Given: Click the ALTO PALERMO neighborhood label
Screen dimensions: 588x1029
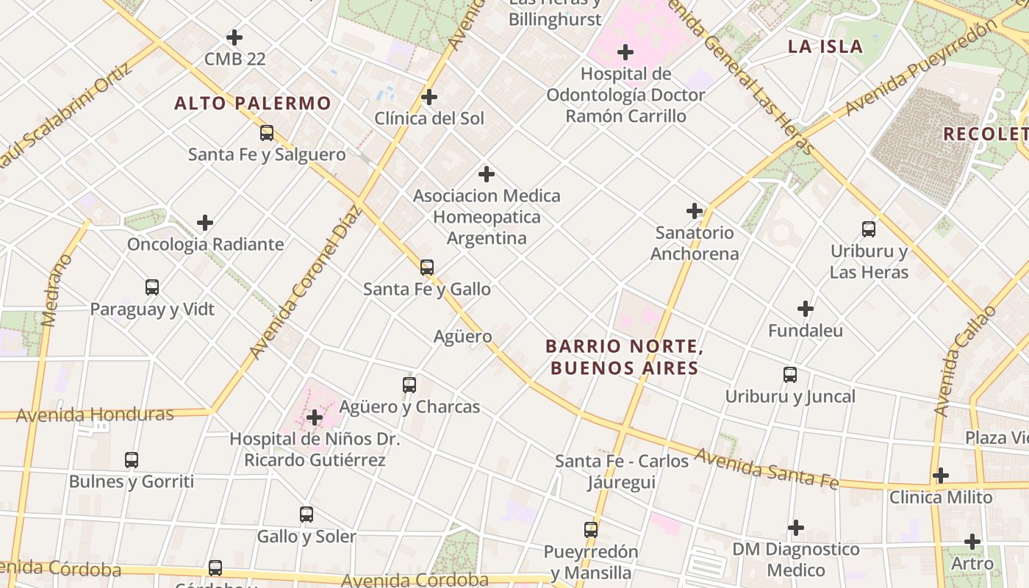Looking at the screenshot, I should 253,103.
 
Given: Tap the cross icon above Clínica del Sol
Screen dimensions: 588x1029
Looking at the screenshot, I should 429,97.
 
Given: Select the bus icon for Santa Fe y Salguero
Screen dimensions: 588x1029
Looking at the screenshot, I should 267,133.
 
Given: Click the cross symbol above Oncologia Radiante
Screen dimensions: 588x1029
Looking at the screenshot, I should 205,223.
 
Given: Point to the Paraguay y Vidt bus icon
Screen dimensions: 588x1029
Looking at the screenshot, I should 152,287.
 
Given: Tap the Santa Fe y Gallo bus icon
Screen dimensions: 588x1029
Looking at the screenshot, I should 427,268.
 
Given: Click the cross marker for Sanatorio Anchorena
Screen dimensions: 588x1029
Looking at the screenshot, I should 695,211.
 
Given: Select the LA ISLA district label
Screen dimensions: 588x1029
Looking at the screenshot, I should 825,46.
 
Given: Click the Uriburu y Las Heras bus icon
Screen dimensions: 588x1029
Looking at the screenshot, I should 869,229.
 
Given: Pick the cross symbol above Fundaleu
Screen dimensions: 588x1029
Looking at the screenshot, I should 806,309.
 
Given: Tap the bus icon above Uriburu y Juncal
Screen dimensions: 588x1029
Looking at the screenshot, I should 790,375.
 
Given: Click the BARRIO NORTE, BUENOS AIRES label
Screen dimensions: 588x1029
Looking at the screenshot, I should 624,357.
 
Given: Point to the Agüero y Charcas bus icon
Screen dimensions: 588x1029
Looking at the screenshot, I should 409,384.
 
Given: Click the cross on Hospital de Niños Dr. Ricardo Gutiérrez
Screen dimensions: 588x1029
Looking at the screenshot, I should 315,417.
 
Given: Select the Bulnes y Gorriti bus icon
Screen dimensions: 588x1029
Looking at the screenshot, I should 132,460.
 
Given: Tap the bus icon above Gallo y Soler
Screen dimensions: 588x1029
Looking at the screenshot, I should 306,514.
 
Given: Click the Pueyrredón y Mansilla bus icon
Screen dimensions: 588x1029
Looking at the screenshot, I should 591,529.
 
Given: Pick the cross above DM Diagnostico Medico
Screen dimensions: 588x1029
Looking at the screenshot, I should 796,528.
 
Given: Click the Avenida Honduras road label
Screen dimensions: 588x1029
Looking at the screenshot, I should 95,415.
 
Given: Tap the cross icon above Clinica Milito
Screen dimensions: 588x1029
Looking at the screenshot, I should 941,476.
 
